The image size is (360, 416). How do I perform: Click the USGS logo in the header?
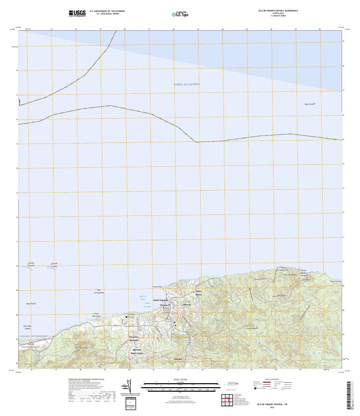77,12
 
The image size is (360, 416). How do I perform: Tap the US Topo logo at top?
180,13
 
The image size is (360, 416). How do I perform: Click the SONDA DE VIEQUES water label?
187,84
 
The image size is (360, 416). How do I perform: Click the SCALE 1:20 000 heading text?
179,380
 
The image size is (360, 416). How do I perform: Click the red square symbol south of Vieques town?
175,325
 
